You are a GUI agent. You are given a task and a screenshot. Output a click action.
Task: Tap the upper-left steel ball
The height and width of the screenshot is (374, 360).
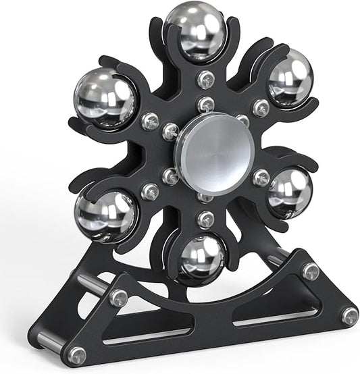[x=105, y=98]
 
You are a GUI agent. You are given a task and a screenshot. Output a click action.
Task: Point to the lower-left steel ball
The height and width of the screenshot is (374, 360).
[x=106, y=215]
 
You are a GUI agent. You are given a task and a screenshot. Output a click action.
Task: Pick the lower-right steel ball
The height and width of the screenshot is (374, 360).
[x=288, y=192]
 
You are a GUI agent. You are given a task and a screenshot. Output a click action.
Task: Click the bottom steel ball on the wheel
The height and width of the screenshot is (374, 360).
[x=202, y=259]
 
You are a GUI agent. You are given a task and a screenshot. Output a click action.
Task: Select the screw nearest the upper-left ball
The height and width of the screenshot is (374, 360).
[x=150, y=122]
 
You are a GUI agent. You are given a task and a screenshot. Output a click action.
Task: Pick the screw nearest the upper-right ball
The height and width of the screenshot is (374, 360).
[x=261, y=107]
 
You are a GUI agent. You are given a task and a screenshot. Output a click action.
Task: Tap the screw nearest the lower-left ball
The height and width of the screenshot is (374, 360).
[x=151, y=192]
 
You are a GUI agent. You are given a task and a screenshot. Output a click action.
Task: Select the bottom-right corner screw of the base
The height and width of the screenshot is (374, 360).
[x=349, y=315]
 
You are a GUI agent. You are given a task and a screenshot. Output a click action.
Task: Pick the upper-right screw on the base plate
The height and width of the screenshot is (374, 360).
[x=310, y=271]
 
